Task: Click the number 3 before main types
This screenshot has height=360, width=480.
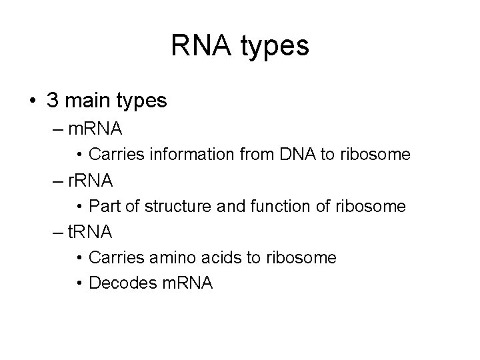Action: [x=53, y=101]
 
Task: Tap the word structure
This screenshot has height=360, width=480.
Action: [x=177, y=206]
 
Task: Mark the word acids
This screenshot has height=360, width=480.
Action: [x=228, y=257]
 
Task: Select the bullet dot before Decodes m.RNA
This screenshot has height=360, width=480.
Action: [x=79, y=283]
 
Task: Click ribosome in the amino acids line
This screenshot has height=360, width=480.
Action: [x=303, y=257]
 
